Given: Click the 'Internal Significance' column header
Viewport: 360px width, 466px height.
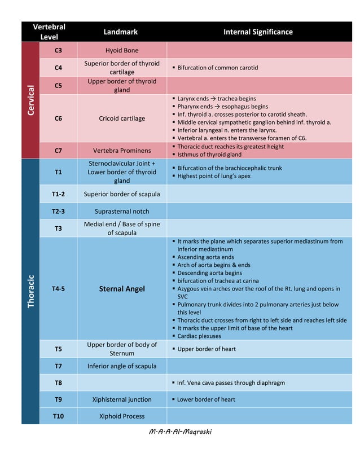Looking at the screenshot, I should tap(258, 32).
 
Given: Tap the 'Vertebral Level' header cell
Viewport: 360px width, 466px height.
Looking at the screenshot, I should tap(49, 32).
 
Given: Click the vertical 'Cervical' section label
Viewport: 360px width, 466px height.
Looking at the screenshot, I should tap(30, 100).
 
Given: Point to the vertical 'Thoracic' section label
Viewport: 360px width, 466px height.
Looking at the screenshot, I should tap(30, 291).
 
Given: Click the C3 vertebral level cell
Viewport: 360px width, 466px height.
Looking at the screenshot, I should tap(58, 50).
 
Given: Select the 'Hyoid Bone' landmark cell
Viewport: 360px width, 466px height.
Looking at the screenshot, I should tap(122, 50).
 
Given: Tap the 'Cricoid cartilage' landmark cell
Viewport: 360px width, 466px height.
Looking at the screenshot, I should tap(122, 118).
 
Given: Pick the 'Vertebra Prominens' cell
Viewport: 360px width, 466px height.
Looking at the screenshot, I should tap(122, 151).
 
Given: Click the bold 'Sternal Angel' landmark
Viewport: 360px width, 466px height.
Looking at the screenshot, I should tap(122, 289).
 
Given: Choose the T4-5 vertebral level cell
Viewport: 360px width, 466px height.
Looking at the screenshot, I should tap(58, 289).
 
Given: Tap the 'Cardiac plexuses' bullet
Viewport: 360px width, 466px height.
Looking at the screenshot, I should tap(199, 336).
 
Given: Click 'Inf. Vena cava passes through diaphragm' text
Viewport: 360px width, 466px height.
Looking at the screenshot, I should tap(231, 383).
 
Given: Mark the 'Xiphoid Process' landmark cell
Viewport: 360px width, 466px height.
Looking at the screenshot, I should tap(122, 416).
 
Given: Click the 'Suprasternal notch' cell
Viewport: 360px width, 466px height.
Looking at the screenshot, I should tap(122, 212).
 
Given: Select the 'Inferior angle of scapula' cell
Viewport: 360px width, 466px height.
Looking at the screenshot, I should tap(122, 366).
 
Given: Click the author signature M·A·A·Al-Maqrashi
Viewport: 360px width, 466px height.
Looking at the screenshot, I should tap(180, 432).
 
